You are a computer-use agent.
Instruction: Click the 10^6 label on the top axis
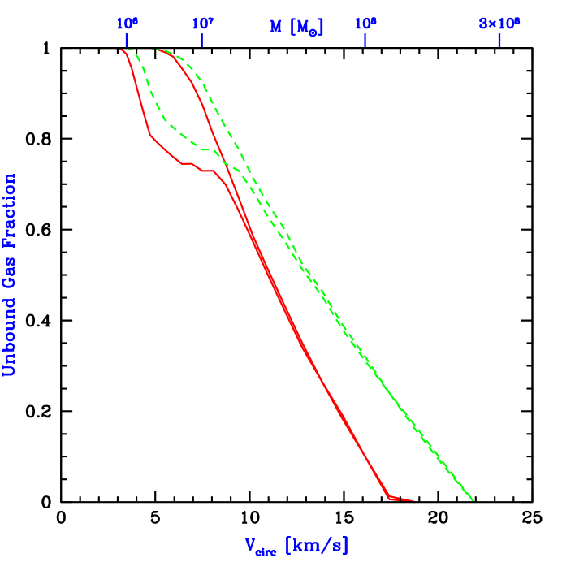pos(126,24)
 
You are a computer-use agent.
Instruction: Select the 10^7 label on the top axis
pos(202,24)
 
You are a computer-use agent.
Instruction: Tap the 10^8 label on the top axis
pos(365,24)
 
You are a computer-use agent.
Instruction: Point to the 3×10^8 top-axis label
pos(499,24)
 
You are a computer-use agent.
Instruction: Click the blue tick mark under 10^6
pos(126,40)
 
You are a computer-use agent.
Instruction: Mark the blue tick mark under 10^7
pos(202,40)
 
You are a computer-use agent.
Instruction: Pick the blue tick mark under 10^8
pos(365,40)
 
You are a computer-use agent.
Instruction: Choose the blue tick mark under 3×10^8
pos(499,40)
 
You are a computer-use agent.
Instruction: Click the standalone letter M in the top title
pos(276,26)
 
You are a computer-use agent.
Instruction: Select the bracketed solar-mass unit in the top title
pos(307,27)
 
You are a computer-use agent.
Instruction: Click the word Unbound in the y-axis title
pos(9,336)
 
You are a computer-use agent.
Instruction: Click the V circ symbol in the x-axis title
pos(261,545)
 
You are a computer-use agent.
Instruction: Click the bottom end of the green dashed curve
pos(472,499)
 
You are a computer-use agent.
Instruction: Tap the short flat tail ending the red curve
pos(403,499)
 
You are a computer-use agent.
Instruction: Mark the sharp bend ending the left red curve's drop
pos(150,136)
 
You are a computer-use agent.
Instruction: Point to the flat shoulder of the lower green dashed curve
pos(209,149)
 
